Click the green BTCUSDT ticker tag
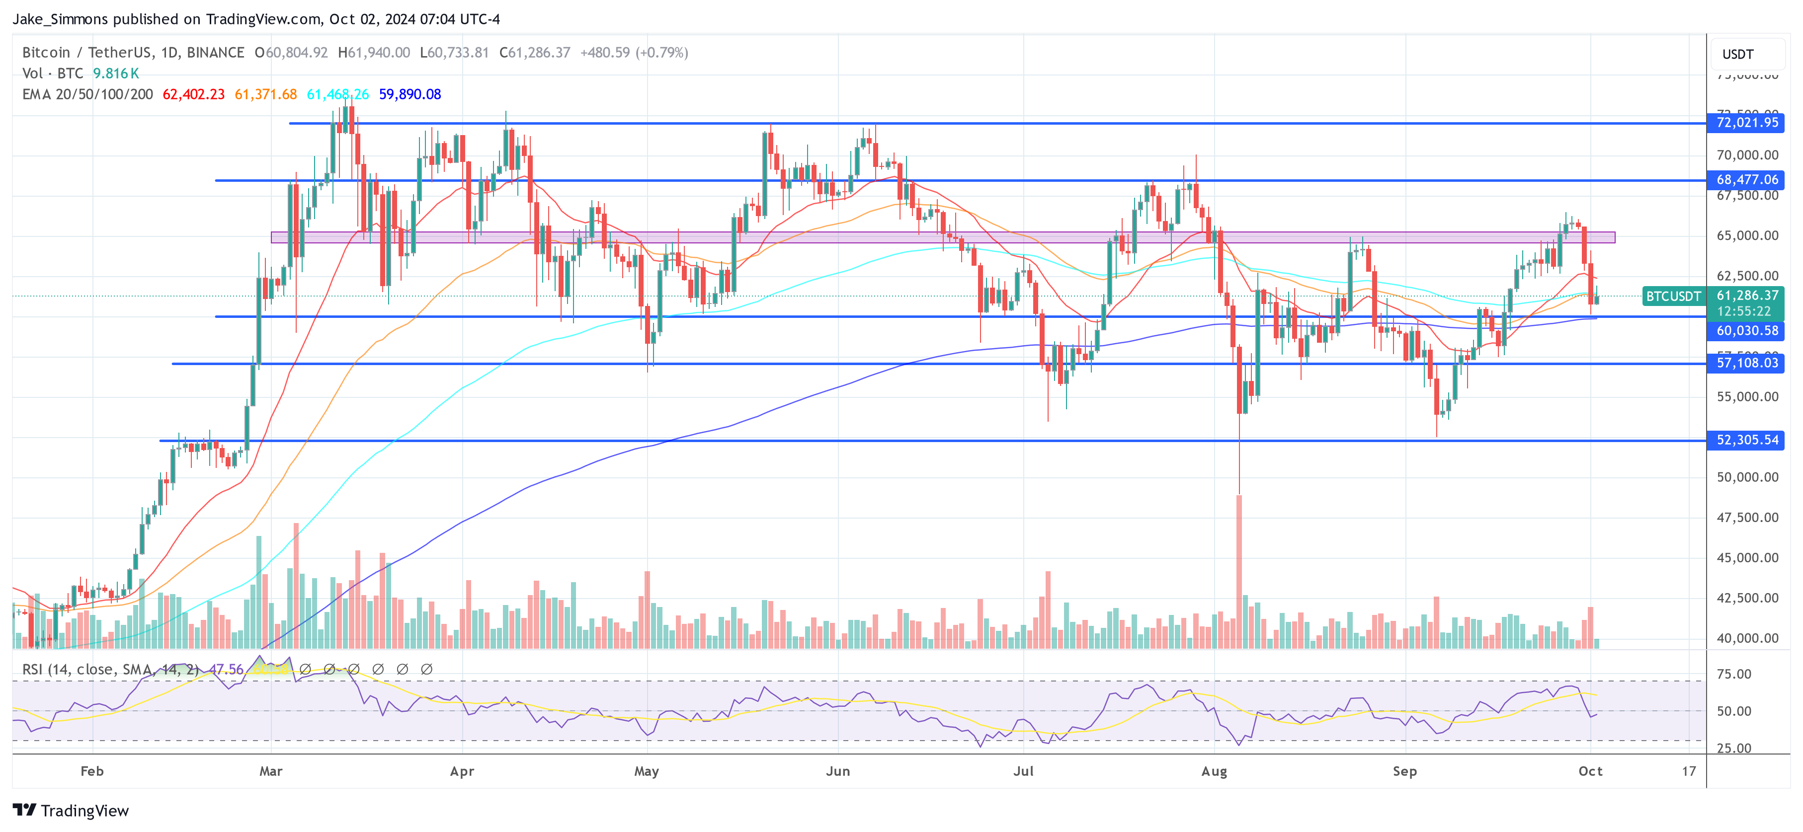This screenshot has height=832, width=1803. point(1673,296)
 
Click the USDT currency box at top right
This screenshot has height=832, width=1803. point(1738,54)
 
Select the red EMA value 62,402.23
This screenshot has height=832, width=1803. point(193,94)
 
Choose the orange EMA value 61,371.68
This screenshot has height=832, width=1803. point(265,94)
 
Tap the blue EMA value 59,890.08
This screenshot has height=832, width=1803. point(410,94)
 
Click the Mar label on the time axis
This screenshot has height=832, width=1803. point(271,771)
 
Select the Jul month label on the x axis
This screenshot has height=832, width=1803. point(1023,771)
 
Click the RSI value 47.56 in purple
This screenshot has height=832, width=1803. point(226,670)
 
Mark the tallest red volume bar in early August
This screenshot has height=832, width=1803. point(1239,570)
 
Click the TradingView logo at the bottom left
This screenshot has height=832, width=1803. point(71,810)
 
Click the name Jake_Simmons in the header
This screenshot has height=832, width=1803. point(60,19)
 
